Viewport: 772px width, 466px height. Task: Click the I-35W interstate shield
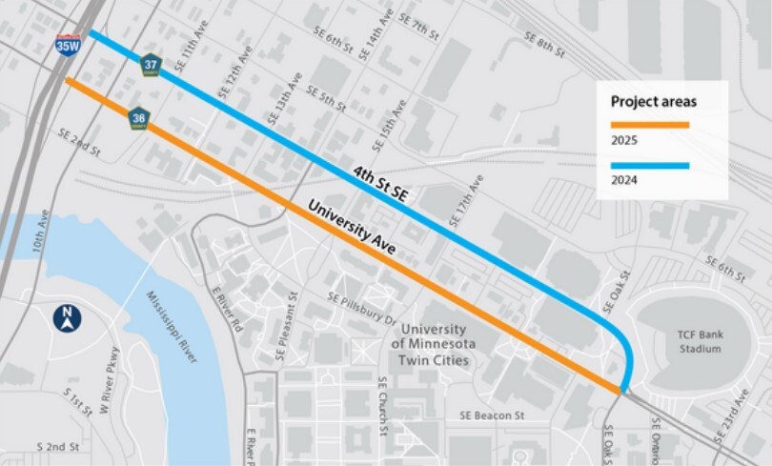(x=67, y=43)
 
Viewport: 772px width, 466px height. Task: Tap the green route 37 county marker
(x=151, y=65)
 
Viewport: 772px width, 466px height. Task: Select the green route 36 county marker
(x=139, y=118)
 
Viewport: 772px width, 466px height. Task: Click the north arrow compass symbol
(x=68, y=318)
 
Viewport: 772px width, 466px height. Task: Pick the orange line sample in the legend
(x=649, y=124)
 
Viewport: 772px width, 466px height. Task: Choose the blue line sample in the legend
(x=649, y=165)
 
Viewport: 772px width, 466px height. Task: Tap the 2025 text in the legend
(x=623, y=141)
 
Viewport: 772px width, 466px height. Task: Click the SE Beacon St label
(x=492, y=415)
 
